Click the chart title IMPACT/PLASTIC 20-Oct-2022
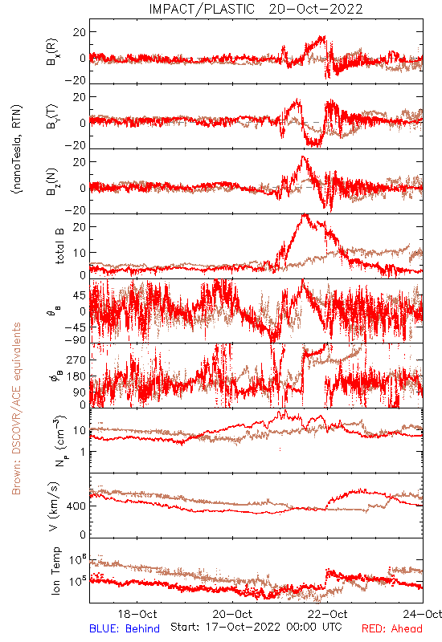click(x=256, y=9)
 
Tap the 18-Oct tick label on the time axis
click(x=137, y=614)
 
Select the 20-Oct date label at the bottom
click(x=232, y=614)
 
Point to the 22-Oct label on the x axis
click(x=328, y=614)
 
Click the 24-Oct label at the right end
click(x=423, y=614)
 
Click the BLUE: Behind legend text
click(x=125, y=628)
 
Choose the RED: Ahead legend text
click(x=392, y=628)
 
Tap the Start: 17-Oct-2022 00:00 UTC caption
click(x=256, y=627)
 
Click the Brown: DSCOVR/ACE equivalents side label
click(x=16, y=408)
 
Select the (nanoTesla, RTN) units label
click(x=17, y=149)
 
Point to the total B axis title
click(x=59, y=246)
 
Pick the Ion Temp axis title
click(x=55, y=571)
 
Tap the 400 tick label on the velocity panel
click(x=77, y=506)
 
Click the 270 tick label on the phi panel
click(x=76, y=360)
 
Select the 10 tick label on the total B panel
click(x=80, y=253)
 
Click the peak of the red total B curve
click(x=305, y=214)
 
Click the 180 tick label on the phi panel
click(x=76, y=376)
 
